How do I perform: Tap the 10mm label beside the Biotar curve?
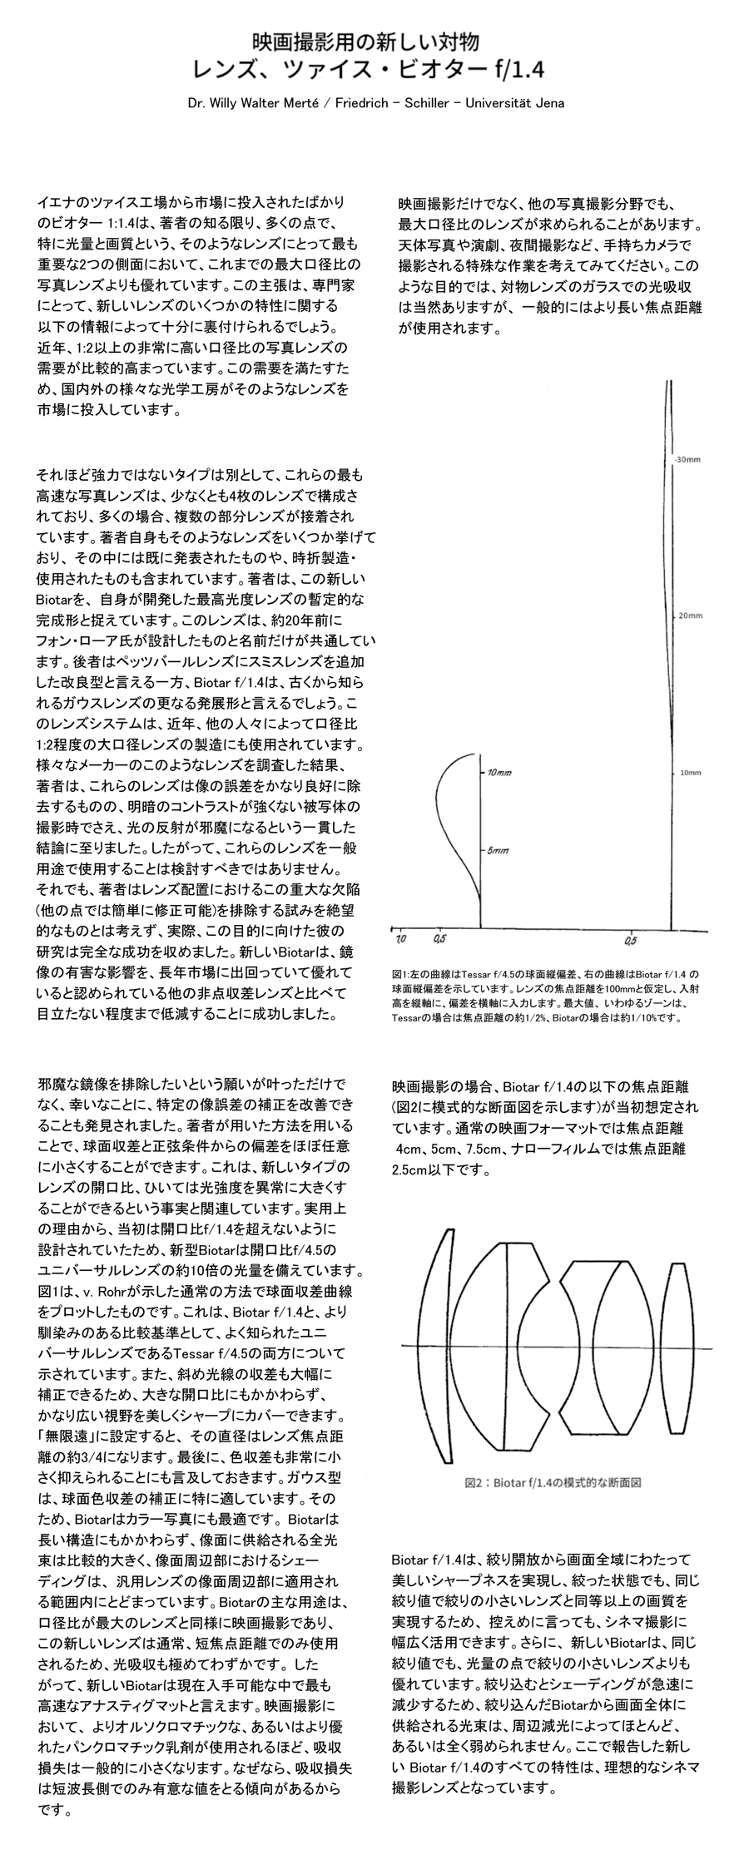click(691, 773)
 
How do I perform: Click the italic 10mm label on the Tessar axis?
click(500, 773)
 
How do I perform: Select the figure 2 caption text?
click(553, 1481)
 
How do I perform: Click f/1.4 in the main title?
click(518, 71)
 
